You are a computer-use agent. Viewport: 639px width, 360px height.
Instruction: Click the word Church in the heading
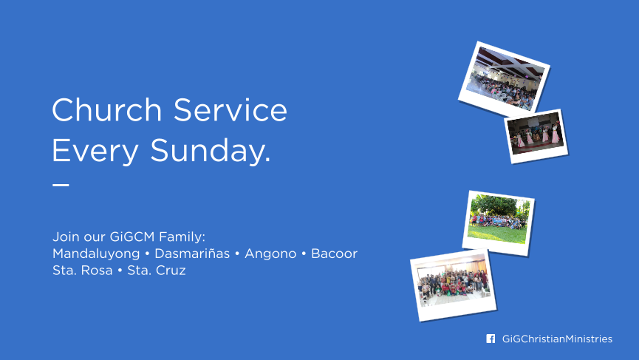(x=107, y=109)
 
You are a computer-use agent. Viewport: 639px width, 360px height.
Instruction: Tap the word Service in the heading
(x=230, y=109)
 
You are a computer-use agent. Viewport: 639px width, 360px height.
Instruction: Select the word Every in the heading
(x=95, y=152)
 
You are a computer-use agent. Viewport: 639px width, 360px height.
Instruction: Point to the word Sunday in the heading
(x=211, y=150)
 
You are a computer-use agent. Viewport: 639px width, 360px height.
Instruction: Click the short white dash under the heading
(x=61, y=185)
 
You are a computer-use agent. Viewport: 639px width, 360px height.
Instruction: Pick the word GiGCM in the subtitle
(x=132, y=237)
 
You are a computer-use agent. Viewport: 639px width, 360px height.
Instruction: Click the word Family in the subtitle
(x=182, y=237)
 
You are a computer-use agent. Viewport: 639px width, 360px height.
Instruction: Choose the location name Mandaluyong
(x=96, y=254)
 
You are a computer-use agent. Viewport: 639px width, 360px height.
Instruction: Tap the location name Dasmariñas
(x=192, y=254)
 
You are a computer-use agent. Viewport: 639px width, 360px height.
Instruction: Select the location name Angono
(x=270, y=254)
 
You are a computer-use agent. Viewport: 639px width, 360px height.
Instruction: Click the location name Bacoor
(x=334, y=254)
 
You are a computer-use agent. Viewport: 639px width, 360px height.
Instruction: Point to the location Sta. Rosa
(x=82, y=271)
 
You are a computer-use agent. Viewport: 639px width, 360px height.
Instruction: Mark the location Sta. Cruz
(x=157, y=271)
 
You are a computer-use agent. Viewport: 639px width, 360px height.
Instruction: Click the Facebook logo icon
(x=491, y=339)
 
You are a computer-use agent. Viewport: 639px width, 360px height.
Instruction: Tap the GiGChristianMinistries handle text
(x=557, y=339)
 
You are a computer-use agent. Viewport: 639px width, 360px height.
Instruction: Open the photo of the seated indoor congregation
(x=504, y=79)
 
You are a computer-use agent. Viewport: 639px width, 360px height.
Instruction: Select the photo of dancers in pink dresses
(x=536, y=136)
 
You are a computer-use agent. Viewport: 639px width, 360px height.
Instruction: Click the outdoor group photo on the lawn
(x=498, y=223)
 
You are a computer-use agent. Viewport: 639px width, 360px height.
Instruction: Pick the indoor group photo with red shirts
(x=453, y=285)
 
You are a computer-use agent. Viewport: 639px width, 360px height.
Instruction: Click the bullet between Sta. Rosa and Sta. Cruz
(x=120, y=271)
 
